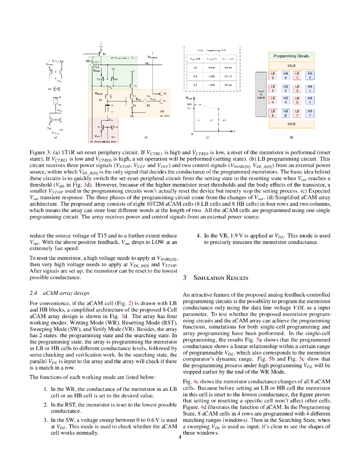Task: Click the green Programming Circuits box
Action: tap(291, 56)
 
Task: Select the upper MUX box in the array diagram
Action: tap(291, 66)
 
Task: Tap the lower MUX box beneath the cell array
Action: tap(291, 123)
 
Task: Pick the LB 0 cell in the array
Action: tap(273, 75)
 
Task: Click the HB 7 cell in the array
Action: tap(310, 113)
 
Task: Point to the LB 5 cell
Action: tap(297, 101)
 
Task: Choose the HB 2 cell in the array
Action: tap(285, 88)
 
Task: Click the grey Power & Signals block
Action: tap(261, 94)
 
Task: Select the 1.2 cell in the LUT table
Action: tap(195, 85)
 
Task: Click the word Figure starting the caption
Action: tap(37, 151)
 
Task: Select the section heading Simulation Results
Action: tap(217, 278)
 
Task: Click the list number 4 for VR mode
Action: tap(198, 236)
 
